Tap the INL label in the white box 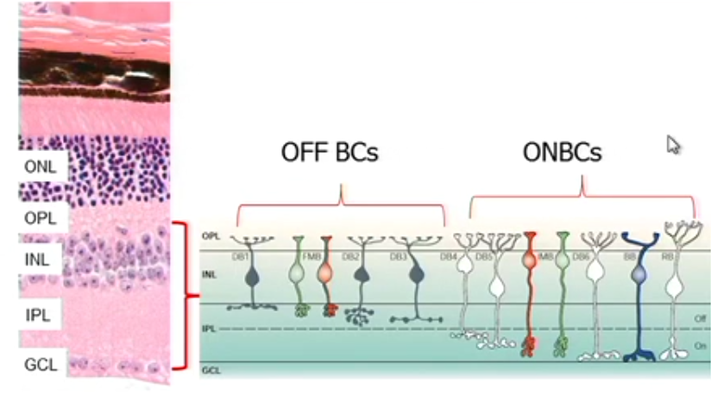[x=39, y=259]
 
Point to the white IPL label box [x=40, y=316]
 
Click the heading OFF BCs [x=330, y=153]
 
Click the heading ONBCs [x=562, y=153]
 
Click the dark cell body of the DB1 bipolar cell [x=252, y=277]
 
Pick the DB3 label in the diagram [x=398, y=256]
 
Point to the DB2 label [x=352, y=256]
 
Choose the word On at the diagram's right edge [x=700, y=345]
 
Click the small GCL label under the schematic [x=211, y=370]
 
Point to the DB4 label [x=448, y=256]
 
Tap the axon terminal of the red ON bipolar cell [x=528, y=347]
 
